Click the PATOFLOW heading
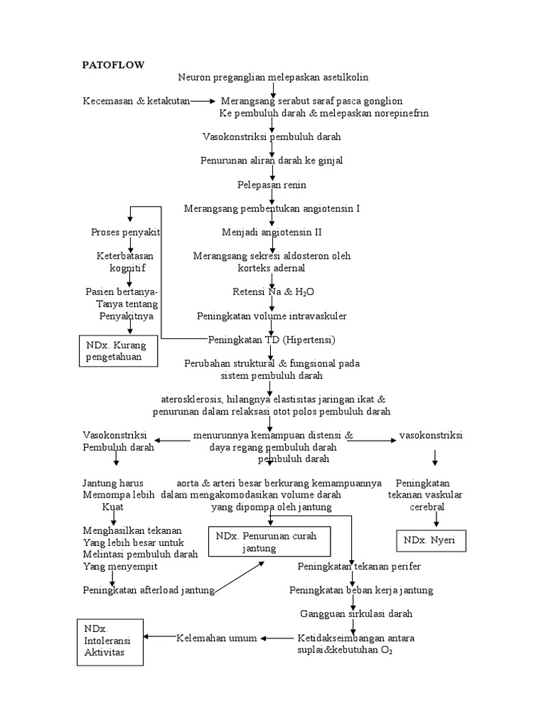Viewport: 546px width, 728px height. pyautogui.click(x=113, y=65)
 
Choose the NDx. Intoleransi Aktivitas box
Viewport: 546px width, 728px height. pyautogui.click(x=109, y=642)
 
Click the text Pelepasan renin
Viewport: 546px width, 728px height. pyautogui.click(x=272, y=185)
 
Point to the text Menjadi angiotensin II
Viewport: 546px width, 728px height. pyautogui.click(x=272, y=232)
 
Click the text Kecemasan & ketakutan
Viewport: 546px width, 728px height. pyautogui.click(x=136, y=101)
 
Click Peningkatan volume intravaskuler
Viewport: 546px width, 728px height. pyautogui.click(x=272, y=316)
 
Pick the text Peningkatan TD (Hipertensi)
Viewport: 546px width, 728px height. pyautogui.click(x=272, y=339)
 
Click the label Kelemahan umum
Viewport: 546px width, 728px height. pyautogui.click(x=216, y=638)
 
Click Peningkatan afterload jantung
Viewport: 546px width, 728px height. pyautogui.click(x=148, y=590)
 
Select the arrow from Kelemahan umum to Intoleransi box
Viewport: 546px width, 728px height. pyautogui.click(x=159, y=638)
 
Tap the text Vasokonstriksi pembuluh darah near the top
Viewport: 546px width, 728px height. pyautogui.click(x=272, y=136)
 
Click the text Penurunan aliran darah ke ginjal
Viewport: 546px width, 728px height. pyautogui.click(x=272, y=161)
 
